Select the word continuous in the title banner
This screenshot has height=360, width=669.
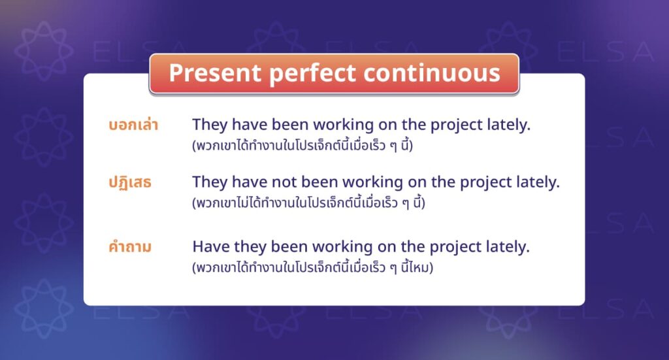click(432, 73)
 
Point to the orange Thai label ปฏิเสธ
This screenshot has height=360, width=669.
click(130, 183)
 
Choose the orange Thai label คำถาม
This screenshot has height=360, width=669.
click(130, 248)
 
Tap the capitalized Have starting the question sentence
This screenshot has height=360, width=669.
click(210, 247)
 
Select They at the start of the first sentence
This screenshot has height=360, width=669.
click(210, 125)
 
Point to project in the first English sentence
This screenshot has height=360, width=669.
click(453, 125)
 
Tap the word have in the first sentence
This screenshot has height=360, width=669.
click(248, 125)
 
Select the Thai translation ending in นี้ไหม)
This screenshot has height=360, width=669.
click(313, 268)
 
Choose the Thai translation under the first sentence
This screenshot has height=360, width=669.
click(302, 146)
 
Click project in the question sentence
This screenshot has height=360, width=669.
click(453, 247)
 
